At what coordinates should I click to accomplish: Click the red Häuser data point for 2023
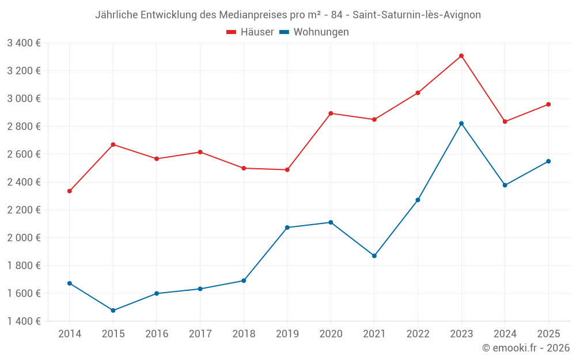tap(461, 56)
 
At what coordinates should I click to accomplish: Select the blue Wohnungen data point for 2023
tap(461, 123)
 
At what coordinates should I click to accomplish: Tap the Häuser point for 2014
tap(70, 191)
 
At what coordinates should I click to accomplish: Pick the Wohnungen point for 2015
tap(113, 310)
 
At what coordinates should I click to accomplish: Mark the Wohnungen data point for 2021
tap(374, 256)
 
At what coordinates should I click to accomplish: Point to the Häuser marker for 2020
tap(331, 113)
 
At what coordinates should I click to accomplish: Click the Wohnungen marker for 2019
tap(287, 228)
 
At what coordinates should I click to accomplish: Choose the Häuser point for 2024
tap(505, 122)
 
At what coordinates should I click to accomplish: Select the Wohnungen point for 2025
tap(548, 161)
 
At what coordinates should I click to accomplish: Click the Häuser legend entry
tap(250, 32)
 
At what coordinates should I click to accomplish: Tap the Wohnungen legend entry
tap(314, 32)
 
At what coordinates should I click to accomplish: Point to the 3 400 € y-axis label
tap(24, 43)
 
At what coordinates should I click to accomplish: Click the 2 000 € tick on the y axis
tap(24, 238)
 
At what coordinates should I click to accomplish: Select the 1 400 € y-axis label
tap(24, 321)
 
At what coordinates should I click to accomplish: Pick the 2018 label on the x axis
tap(244, 334)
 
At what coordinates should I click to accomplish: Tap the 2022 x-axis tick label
tap(418, 334)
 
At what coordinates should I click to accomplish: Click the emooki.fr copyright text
tap(526, 348)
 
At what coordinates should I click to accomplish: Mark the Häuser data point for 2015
tap(113, 145)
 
